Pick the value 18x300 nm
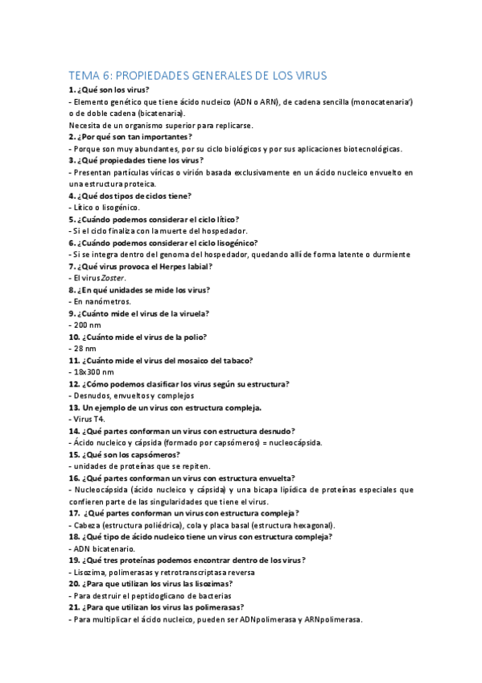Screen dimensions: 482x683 (93, 372)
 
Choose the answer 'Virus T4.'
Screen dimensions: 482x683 (89, 420)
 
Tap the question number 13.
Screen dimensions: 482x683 (74, 408)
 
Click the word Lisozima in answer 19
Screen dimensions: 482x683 (91, 572)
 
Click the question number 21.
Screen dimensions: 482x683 (74, 607)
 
